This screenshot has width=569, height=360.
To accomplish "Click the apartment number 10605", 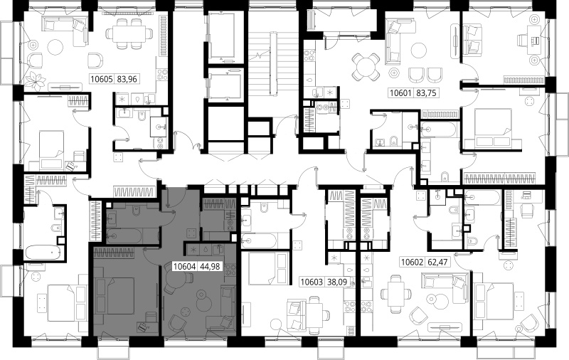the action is pyautogui.click(x=102, y=79).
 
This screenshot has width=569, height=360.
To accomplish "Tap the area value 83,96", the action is pyautogui.click(x=127, y=79).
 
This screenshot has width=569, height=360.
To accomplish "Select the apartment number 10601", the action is pyautogui.click(x=400, y=93).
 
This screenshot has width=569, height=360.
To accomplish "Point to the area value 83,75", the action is pyautogui.click(x=426, y=93).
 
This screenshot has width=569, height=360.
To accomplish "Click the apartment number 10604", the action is pyautogui.click(x=185, y=267).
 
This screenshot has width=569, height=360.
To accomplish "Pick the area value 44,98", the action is pyautogui.click(x=210, y=267).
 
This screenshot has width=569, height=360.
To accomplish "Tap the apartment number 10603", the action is pyautogui.click(x=312, y=281).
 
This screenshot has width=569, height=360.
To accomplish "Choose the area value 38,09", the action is pyautogui.click(x=337, y=281).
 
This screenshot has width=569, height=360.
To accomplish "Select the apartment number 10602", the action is pyautogui.click(x=412, y=262).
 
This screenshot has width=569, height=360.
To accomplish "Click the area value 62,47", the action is pyautogui.click(x=437, y=262).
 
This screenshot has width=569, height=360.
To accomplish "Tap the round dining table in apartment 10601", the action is pyautogui.click(x=366, y=67).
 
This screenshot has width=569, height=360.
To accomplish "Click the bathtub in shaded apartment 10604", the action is pyautogui.click(x=124, y=236).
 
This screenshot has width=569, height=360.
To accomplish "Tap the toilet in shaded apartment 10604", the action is pyautogui.click(x=137, y=210).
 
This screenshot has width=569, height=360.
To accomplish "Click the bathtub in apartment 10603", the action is pyautogui.click(x=259, y=240).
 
